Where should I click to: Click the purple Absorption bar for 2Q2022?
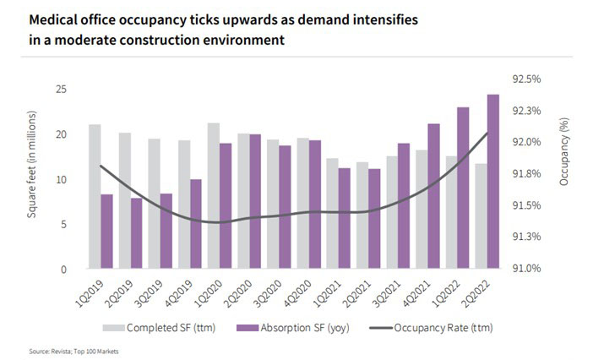coord(493,182)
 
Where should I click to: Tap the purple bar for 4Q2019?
coord(196,224)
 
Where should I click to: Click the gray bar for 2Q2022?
coord(481,216)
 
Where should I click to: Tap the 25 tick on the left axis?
coord(61,90)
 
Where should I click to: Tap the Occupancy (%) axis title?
coord(563,151)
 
